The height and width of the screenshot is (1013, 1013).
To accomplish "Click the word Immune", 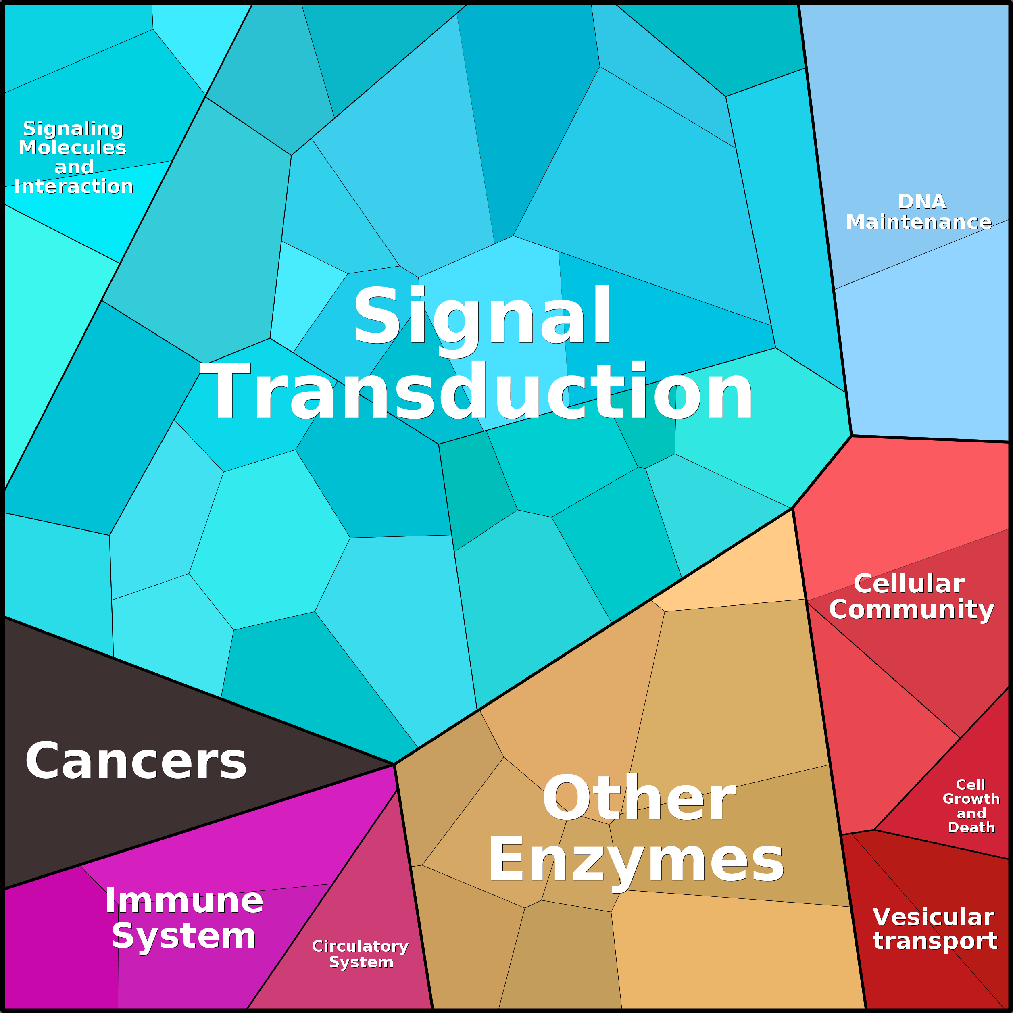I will click(184, 900).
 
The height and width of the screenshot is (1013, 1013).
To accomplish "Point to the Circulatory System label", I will click(360, 954).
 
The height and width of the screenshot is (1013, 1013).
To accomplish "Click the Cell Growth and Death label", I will click(971, 806).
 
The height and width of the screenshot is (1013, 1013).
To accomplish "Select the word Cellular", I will click(909, 584).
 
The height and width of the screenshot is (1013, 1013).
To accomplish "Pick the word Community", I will click(911, 609).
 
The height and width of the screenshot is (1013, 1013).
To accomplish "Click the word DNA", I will click(922, 201).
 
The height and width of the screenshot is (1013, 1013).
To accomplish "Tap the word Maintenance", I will click(919, 222).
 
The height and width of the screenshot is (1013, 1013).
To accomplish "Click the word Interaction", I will click(73, 186).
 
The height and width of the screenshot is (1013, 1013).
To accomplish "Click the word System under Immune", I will click(183, 936).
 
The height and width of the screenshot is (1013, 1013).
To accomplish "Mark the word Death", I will click(971, 827).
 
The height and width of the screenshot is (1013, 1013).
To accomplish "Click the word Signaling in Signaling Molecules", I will click(73, 129).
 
